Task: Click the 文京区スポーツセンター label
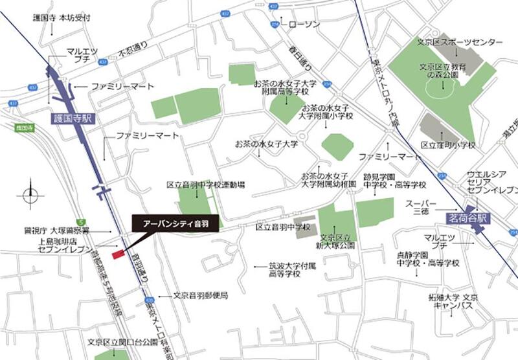click(x=460, y=42)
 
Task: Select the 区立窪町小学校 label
click(x=447, y=145)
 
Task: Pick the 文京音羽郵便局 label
click(x=200, y=295)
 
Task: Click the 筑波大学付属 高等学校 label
click(x=294, y=269)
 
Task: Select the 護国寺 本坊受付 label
click(x=58, y=19)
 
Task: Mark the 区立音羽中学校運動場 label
click(x=205, y=185)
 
